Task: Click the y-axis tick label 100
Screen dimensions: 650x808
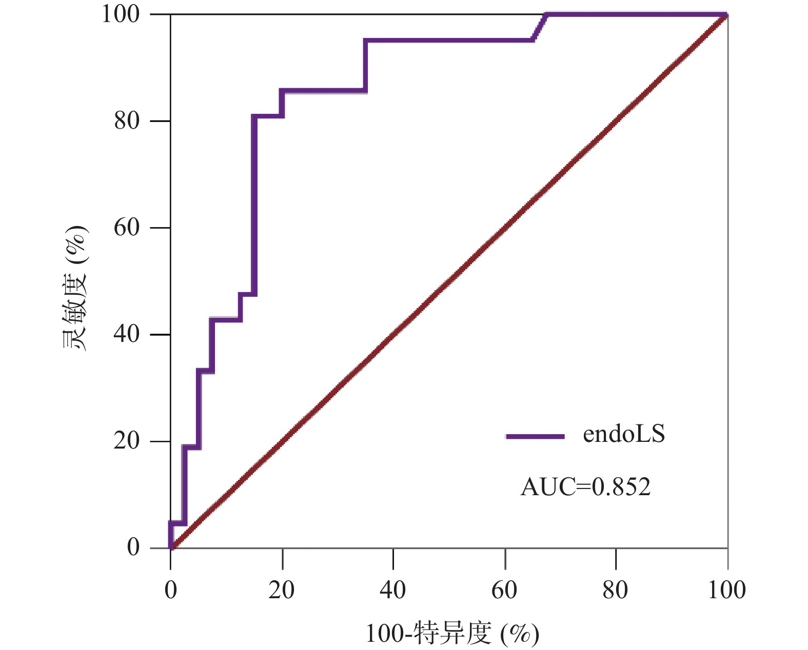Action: (x=121, y=14)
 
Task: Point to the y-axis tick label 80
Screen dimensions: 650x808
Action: (x=127, y=121)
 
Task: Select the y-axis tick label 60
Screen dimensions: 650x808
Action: (x=127, y=228)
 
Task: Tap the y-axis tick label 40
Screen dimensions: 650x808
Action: (x=127, y=334)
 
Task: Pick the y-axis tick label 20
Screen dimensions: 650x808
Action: (x=127, y=441)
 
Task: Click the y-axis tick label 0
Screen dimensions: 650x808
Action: (x=133, y=547)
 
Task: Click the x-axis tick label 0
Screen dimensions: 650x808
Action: (x=171, y=591)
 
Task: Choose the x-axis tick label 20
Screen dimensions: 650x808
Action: (x=282, y=591)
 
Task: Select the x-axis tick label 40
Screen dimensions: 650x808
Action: (x=393, y=591)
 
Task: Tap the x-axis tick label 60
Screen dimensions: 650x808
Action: (x=504, y=591)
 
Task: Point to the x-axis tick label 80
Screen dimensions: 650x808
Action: (x=615, y=591)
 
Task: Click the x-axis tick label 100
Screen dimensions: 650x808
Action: (x=726, y=591)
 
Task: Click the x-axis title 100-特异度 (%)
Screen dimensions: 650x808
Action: (x=452, y=635)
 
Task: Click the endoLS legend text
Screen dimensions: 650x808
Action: (x=624, y=435)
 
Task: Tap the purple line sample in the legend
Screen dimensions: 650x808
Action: (x=535, y=437)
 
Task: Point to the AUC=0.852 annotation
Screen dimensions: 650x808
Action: (x=586, y=487)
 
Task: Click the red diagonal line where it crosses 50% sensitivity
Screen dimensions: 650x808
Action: (x=449, y=281)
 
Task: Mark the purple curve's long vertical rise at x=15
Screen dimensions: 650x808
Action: (x=254, y=205)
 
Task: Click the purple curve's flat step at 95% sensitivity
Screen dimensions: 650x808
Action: (x=449, y=40)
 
